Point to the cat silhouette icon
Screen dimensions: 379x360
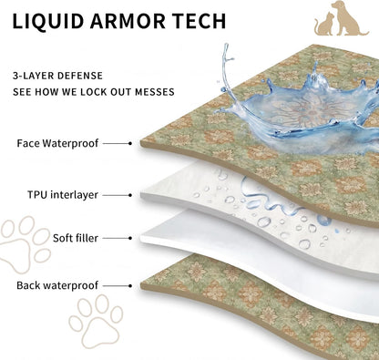324,24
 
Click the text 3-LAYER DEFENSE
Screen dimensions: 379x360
57,76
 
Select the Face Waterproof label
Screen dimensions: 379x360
57,143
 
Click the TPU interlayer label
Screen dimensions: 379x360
63,195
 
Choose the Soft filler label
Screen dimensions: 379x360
76,238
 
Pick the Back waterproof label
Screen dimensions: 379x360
57,285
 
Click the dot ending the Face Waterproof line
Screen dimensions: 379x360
130,143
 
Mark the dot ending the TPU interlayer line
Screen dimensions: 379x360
130,195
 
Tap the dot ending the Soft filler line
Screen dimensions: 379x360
130,238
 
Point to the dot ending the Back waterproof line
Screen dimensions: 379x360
130,286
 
